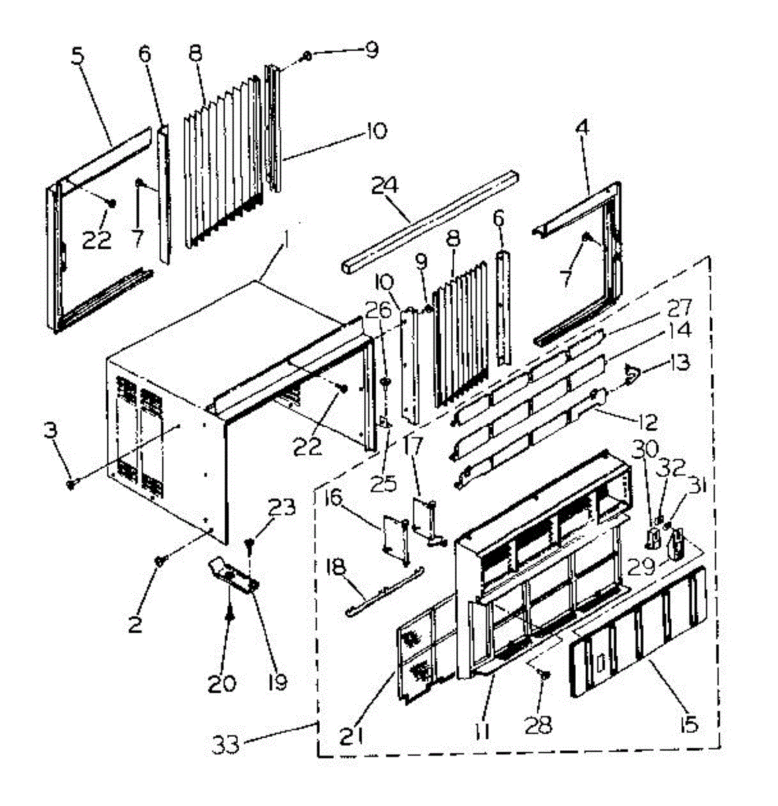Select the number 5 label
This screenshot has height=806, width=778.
pyautogui.click(x=78, y=56)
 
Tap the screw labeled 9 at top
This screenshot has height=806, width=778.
pyautogui.click(x=307, y=55)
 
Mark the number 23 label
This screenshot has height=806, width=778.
pyautogui.click(x=282, y=508)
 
